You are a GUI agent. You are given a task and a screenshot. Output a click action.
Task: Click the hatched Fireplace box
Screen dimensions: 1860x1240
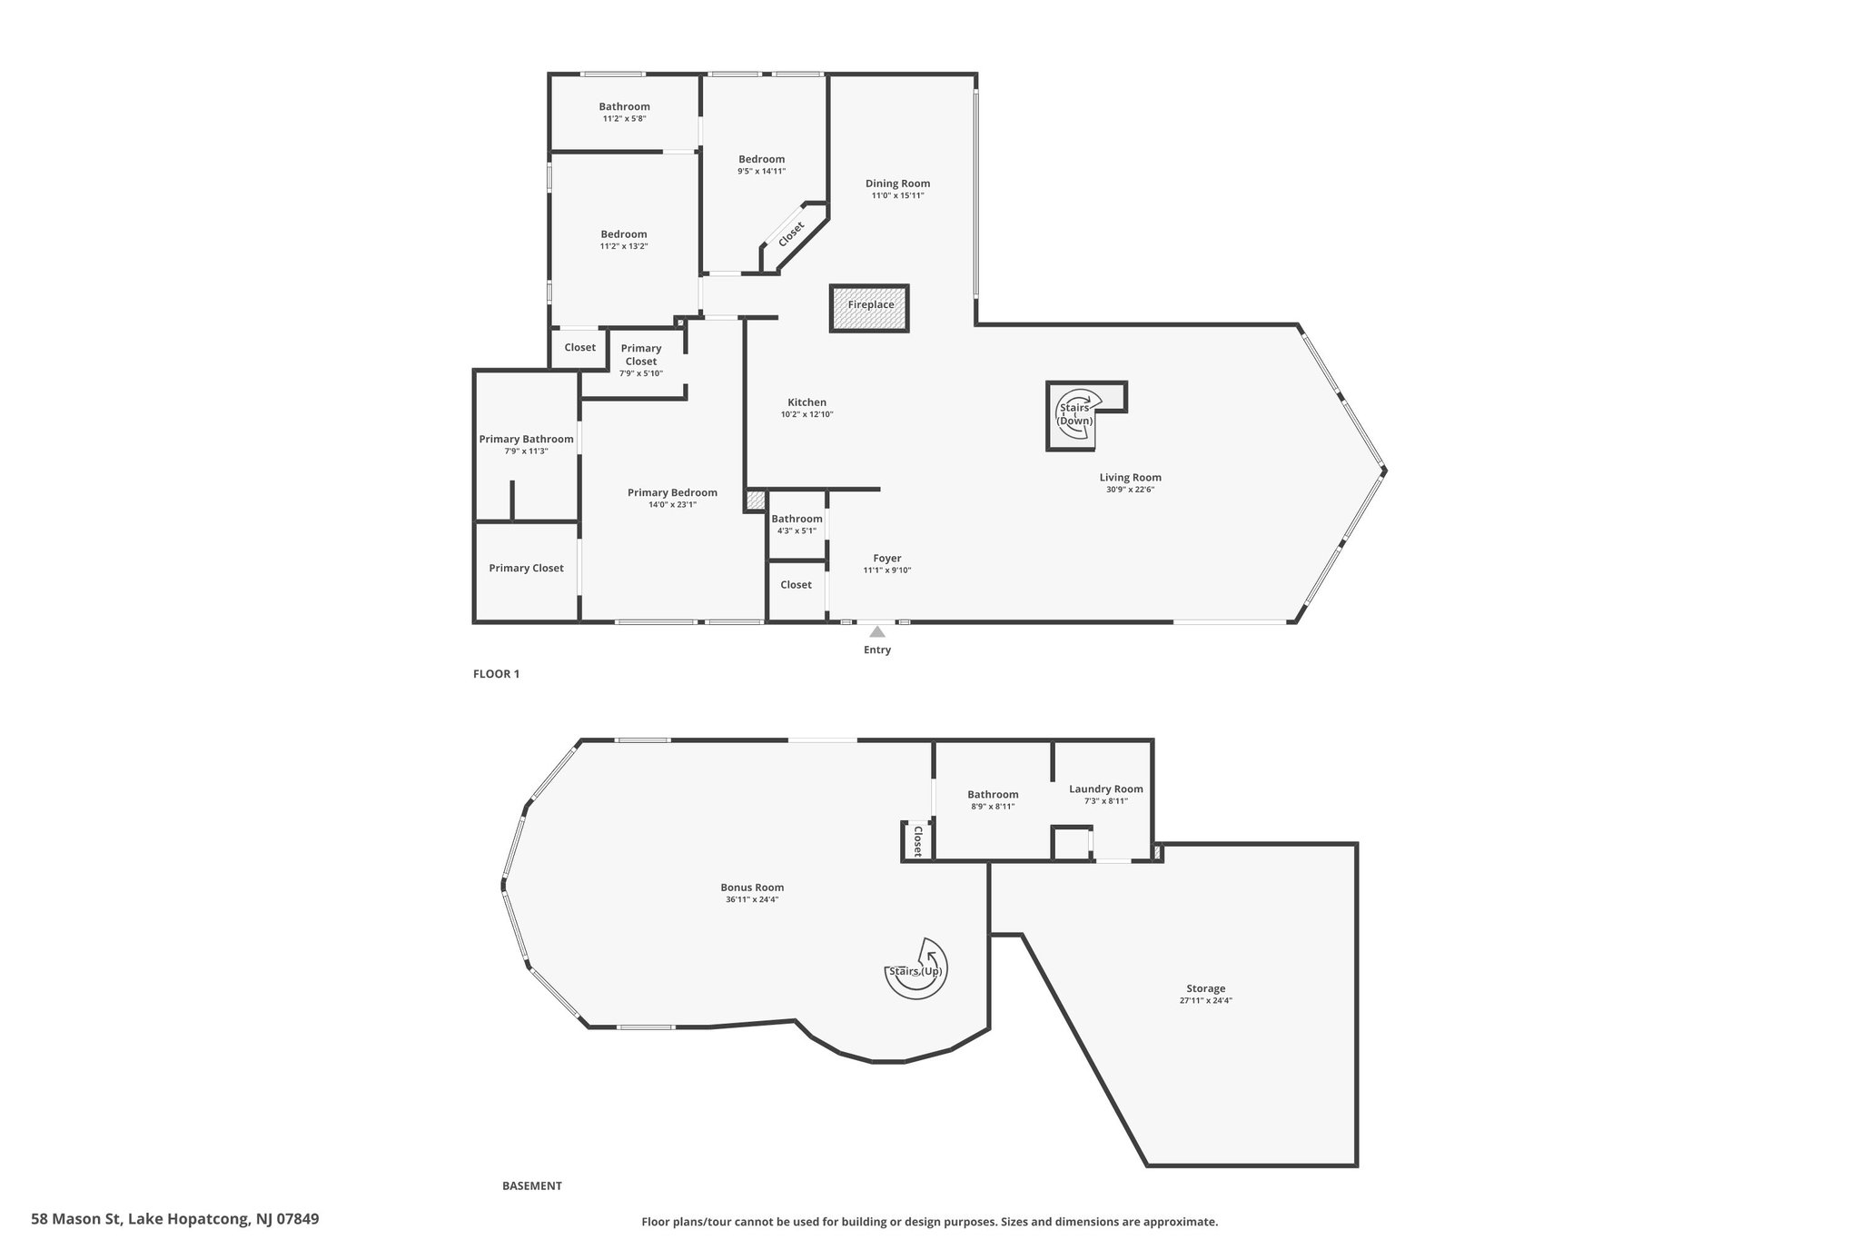869,308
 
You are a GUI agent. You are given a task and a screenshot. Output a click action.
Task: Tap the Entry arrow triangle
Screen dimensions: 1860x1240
877,631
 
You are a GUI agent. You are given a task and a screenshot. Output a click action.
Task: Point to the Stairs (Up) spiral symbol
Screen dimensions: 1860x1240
917,969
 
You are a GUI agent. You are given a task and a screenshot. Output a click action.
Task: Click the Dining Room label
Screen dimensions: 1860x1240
897,184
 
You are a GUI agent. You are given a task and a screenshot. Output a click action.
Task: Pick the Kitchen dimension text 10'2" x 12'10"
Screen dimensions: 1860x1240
806,415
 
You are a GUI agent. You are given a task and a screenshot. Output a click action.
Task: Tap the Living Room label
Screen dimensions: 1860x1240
1130,478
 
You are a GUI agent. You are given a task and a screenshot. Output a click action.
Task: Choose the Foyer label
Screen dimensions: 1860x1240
887,559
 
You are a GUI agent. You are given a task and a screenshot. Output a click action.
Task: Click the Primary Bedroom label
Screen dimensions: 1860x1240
672,493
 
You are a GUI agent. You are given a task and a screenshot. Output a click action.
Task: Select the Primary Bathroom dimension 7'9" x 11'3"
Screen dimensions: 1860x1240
527,451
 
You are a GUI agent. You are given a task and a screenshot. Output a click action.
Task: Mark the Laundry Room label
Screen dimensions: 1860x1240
1106,789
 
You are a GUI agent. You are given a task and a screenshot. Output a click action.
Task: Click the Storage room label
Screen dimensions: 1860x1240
1206,988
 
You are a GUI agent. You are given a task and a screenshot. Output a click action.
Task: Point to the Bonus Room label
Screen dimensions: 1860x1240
752,888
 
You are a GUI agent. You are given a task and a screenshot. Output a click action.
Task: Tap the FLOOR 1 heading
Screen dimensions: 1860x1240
496,674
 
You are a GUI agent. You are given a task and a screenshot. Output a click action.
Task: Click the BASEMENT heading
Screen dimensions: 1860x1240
532,1185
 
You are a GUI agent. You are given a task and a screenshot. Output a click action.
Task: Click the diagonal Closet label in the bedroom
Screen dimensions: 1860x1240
791,234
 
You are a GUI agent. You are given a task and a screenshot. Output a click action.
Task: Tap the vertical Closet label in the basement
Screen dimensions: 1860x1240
917,841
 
